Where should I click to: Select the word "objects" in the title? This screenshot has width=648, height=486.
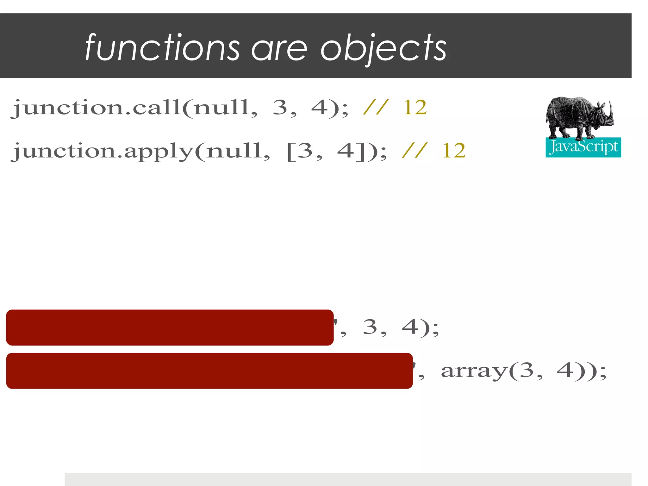[x=383, y=49]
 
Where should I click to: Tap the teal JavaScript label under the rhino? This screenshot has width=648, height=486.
[x=583, y=147]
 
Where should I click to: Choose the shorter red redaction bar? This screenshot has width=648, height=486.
[x=170, y=327]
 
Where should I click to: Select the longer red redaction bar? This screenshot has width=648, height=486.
[x=209, y=371]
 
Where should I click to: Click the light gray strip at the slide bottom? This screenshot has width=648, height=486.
[x=348, y=479]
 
